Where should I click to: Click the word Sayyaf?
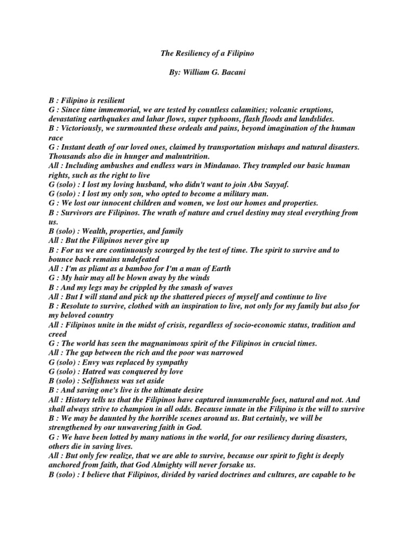click(x=274, y=184)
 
